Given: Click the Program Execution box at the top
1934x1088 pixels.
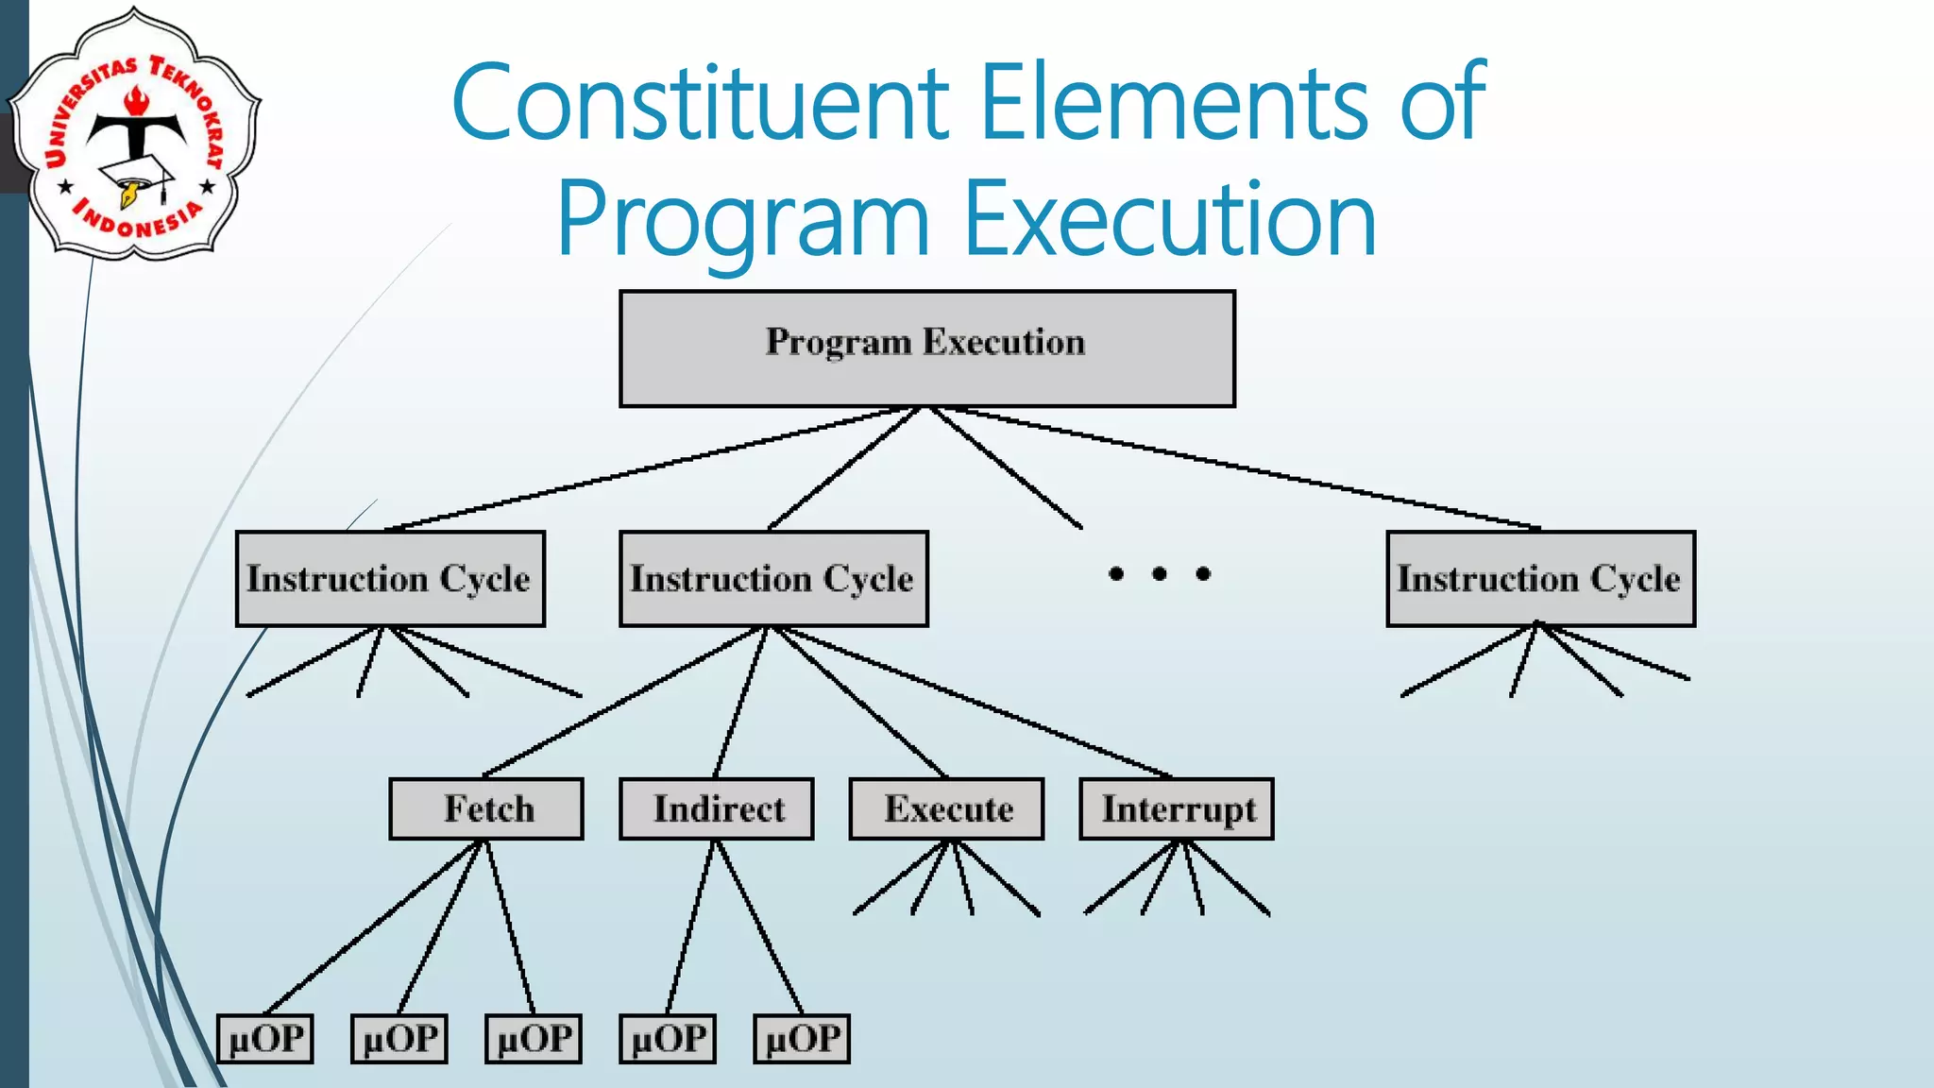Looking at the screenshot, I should pyautogui.click(x=926, y=348).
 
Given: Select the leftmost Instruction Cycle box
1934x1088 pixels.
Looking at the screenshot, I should pyautogui.click(x=390, y=578).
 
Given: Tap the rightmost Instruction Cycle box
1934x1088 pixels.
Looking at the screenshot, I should pyautogui.click(x=1540, y=578).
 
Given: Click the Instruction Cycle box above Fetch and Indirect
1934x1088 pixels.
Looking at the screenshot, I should pyautogui.click(x=773, y=578).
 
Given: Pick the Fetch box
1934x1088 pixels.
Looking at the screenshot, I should pyautogui.click(x=486, y=808).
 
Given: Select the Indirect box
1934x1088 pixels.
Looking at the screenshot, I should pyautogui.click(x=716, y=808).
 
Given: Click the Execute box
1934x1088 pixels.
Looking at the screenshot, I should pyautogui.click(x=946, y=808).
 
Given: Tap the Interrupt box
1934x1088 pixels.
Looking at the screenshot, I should pyautogui.click(x=1177, y=808).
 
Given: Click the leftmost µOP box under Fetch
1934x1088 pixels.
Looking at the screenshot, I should pyautogui.click(x=265, y=1039).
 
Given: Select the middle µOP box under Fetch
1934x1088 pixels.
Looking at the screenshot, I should pyautogui.click(x=399, y=1039).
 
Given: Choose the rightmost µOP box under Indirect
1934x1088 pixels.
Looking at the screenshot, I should pyautogui.click(x=802, y=1039).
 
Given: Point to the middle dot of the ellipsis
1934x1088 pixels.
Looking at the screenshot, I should pyautogui.click(x=1160, y=573).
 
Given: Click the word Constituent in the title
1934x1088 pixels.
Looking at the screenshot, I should pyautogui.click(x=700, y=102).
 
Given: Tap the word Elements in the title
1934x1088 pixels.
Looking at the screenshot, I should pyautogui.click(x=1174, y=102).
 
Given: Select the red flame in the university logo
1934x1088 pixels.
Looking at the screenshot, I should pyautogui.click(x=138, y=99).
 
